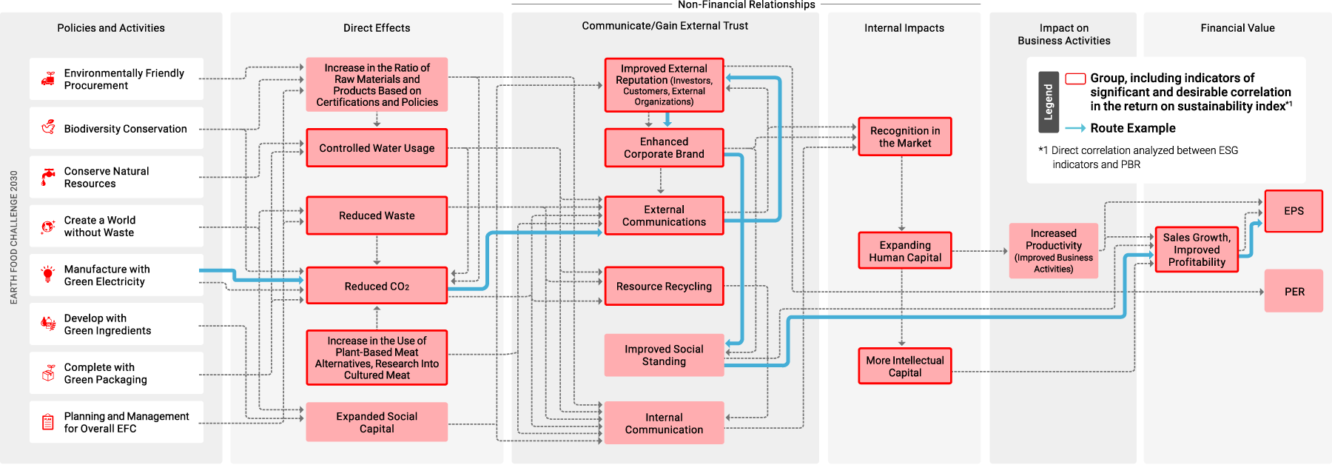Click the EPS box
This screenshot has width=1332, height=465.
(x=1294, y=211)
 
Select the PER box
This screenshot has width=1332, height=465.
(x=1294, y=291)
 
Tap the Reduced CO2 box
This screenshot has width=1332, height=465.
(x=377, y=286)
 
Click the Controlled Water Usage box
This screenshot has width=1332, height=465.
(x=377, y=148)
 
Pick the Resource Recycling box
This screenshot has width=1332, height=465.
(x=664, y=286)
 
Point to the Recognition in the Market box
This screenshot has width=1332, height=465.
(x=904, y=136)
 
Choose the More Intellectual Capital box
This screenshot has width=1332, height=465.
(x=904, y=366)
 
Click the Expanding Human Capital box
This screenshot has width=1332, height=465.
(x=904, y=251)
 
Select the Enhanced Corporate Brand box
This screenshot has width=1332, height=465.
(x=664, y=147)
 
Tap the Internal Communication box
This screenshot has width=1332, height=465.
(x=664, y=423)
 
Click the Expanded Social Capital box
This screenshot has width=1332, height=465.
(x=377, y=422)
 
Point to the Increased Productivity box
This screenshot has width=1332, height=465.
(x=1053, y=251)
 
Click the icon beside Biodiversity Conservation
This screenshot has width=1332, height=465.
(x=48, y=127)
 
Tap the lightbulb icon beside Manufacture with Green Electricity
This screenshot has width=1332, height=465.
(x=48, y=275)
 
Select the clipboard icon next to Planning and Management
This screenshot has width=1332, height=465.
(x=48, y=422)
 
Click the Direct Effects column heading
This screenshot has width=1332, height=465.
(x=377, y=28)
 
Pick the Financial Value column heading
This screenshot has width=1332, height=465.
(x=1237, y=28)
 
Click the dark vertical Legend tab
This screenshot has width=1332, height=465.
(x=1048, y=102)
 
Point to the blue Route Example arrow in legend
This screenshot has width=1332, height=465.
(x=1075, y=128)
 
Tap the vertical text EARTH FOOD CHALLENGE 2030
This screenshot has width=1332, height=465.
(x=14, y=237)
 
